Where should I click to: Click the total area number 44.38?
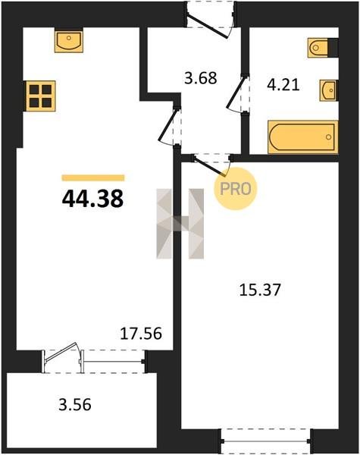click(92, 199)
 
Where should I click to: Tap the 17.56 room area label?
click(141, 334)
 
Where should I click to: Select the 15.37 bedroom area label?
click(260, 290)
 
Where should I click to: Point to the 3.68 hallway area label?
click(201, 78)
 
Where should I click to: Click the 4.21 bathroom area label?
click(283, 86)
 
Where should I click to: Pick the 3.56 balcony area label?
click(75, 404)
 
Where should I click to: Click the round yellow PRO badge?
click(235, 189)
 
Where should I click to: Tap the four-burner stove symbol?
click(41, 96)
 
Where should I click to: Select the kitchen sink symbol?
click(69, 40)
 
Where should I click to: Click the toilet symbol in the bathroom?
click(323, 48)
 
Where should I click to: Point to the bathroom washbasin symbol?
click(329, 90)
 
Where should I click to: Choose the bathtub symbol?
click(303, 137)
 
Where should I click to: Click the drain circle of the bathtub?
click(329, 137)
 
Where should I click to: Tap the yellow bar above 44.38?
click(93, 178)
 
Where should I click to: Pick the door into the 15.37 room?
click(209, 166)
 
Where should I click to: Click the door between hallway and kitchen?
click(168, 125)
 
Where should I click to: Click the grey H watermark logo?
click(180, 224)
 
